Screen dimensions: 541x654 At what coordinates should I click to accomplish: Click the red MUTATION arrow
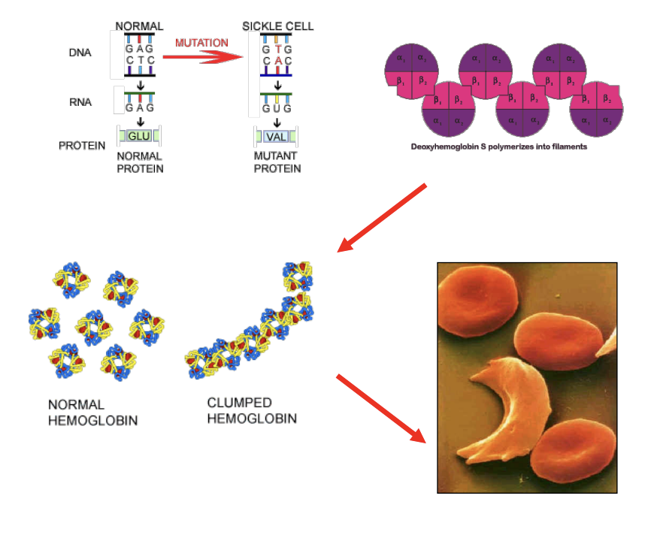click(203, 55)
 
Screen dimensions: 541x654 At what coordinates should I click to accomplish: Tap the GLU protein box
click(139, 136)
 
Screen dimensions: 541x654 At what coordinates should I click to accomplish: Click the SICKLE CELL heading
click(277, 26)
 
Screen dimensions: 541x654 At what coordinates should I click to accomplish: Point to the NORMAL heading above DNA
click(139, 26)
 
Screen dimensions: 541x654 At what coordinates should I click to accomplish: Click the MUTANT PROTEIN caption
click(277, 162)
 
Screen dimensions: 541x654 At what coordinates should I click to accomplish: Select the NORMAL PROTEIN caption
click(140, 162)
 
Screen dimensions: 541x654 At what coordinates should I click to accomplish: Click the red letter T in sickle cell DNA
click(277, 49)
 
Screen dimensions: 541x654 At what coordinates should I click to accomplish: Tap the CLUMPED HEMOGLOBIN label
click(251, 411)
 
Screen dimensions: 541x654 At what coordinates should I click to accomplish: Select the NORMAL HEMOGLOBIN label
click(92, 413)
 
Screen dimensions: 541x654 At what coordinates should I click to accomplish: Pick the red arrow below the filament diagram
click(383, 217)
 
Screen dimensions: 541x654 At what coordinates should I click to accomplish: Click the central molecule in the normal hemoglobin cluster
click(93, 328)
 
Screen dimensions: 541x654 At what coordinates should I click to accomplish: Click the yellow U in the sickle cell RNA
click(277, 108)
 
